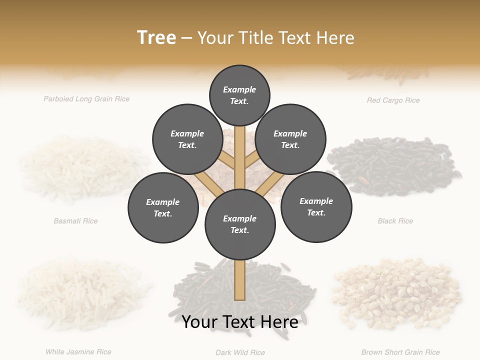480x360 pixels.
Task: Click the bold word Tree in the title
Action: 156,37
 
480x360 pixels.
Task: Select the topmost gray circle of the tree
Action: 239,95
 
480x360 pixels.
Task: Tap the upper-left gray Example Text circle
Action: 187,139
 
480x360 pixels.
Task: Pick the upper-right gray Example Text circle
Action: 290,139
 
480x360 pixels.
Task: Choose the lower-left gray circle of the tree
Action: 163,207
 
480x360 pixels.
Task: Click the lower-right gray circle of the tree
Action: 316,206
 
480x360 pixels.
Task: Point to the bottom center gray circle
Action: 240,224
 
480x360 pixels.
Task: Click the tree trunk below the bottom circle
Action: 240,280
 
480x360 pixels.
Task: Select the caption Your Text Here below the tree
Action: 240,322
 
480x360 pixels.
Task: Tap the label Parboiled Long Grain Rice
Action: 86,99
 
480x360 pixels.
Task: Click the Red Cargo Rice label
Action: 393,100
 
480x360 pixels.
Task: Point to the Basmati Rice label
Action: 75,221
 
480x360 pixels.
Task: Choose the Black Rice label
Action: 395,221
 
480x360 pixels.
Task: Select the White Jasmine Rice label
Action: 78,352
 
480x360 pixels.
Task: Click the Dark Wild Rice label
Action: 240,352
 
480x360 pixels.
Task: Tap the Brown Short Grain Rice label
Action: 400,352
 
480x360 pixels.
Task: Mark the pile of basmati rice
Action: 80,170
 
